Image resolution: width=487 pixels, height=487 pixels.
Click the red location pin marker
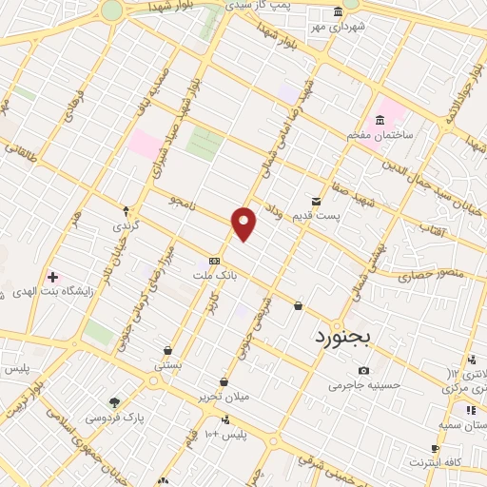(244, 224)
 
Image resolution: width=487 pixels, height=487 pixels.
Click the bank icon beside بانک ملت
(215, 260)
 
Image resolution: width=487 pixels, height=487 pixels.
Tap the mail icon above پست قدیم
(317, 201)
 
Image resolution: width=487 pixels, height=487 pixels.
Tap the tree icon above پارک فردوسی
(115, 402)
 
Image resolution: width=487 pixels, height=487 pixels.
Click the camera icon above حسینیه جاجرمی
(363, 370)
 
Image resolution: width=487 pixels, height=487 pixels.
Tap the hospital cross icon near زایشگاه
(52, 277)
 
